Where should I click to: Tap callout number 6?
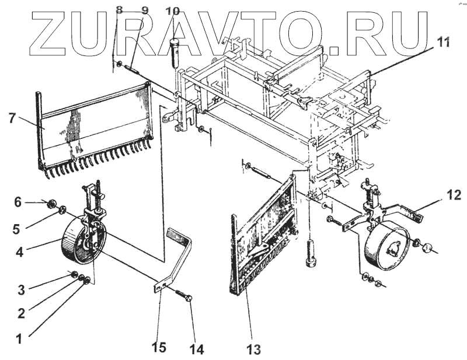(18, 202)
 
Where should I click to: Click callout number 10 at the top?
(173, 11)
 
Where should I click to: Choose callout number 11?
(444, 41)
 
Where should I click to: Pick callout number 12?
(454, 195)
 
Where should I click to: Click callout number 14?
(196, 349)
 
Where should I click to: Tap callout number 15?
(158, 348)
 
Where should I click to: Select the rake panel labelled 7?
(93, 128)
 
